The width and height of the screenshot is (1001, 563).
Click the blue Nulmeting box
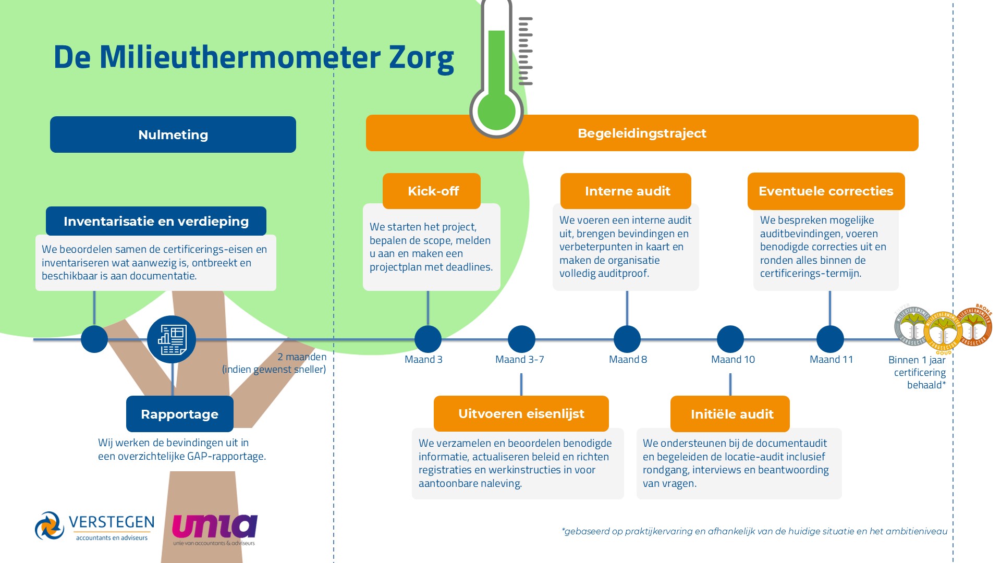173,134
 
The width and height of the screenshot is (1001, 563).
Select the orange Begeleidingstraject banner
642,133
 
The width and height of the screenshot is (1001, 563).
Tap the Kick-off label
432,191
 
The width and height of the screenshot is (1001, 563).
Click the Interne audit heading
626,191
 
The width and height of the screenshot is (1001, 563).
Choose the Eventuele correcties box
826,191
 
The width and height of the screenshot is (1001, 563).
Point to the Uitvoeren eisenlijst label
521,414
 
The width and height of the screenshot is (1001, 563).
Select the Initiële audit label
730,414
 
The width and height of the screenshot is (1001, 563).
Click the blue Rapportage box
179,414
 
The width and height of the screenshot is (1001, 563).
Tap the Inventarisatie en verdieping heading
156,222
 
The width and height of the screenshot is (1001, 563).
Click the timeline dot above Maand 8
627,339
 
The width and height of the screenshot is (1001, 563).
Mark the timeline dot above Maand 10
730,339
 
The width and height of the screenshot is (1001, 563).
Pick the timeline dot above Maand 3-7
521,339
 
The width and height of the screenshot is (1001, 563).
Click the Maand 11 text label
831,360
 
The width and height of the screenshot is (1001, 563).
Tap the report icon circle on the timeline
172,339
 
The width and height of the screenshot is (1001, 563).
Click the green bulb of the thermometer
496,111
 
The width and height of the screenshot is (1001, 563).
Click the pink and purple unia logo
214,529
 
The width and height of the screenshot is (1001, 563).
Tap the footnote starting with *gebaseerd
754,531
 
